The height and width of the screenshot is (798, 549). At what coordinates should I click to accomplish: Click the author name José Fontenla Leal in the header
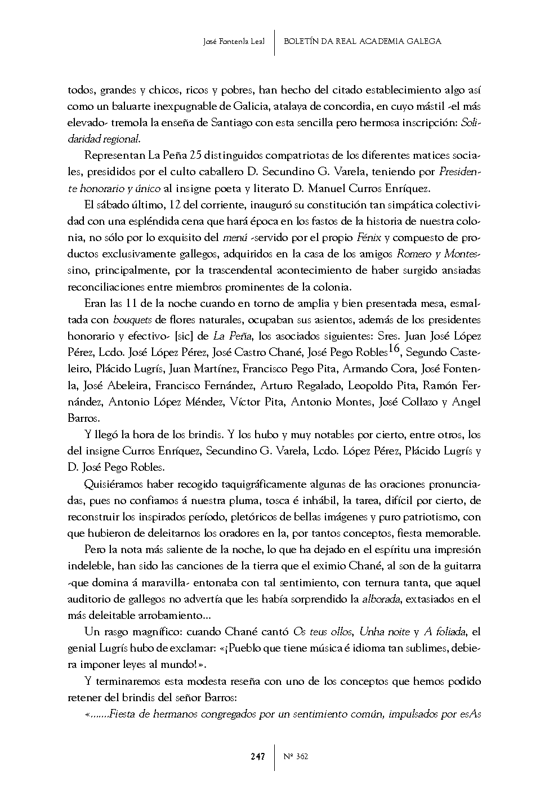234,41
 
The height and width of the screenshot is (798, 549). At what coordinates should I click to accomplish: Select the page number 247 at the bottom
258,756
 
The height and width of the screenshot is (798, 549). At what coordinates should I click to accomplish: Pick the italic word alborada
381,599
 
